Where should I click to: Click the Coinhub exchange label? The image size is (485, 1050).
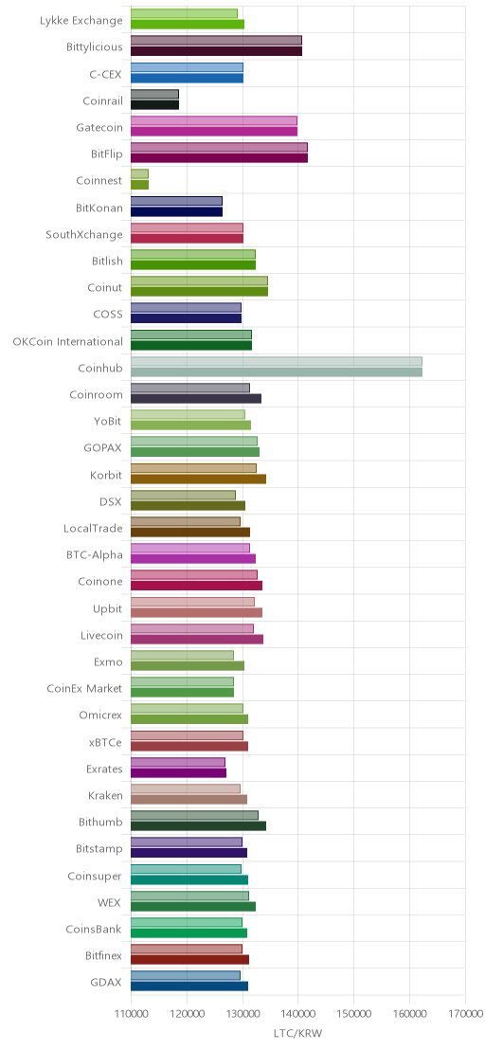(x=100, y=368)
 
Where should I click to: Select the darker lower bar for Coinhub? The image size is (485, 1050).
(x=277, y=372)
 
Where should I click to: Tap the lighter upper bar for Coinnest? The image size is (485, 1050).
(x=139, y=174)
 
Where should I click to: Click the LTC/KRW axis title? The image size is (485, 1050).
(x=297, y=1033)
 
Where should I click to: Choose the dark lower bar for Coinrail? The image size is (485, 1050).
(x=154, y=105)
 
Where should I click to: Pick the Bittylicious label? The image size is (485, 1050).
(x=95, y=46)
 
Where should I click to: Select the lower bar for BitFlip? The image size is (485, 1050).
(x=219, y=158)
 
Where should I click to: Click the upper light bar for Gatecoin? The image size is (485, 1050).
(x=214, y=120)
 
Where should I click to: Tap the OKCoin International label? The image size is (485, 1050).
(x=67, y=341)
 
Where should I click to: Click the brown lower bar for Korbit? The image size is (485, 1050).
(x=198, y=480)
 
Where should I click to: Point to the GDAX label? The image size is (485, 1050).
(x=106, y=983)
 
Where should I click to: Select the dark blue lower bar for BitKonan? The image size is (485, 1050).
(x=176, y=211)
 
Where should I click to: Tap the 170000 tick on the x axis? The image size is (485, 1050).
(x=466, y=1015)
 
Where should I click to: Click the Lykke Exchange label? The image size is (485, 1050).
(x=81, y=20)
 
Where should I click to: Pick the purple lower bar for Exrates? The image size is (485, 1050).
(x=179, y=772)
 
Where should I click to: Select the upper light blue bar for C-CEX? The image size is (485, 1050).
(x=187, y=67)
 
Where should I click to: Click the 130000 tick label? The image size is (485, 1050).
(x=242, y=1015)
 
